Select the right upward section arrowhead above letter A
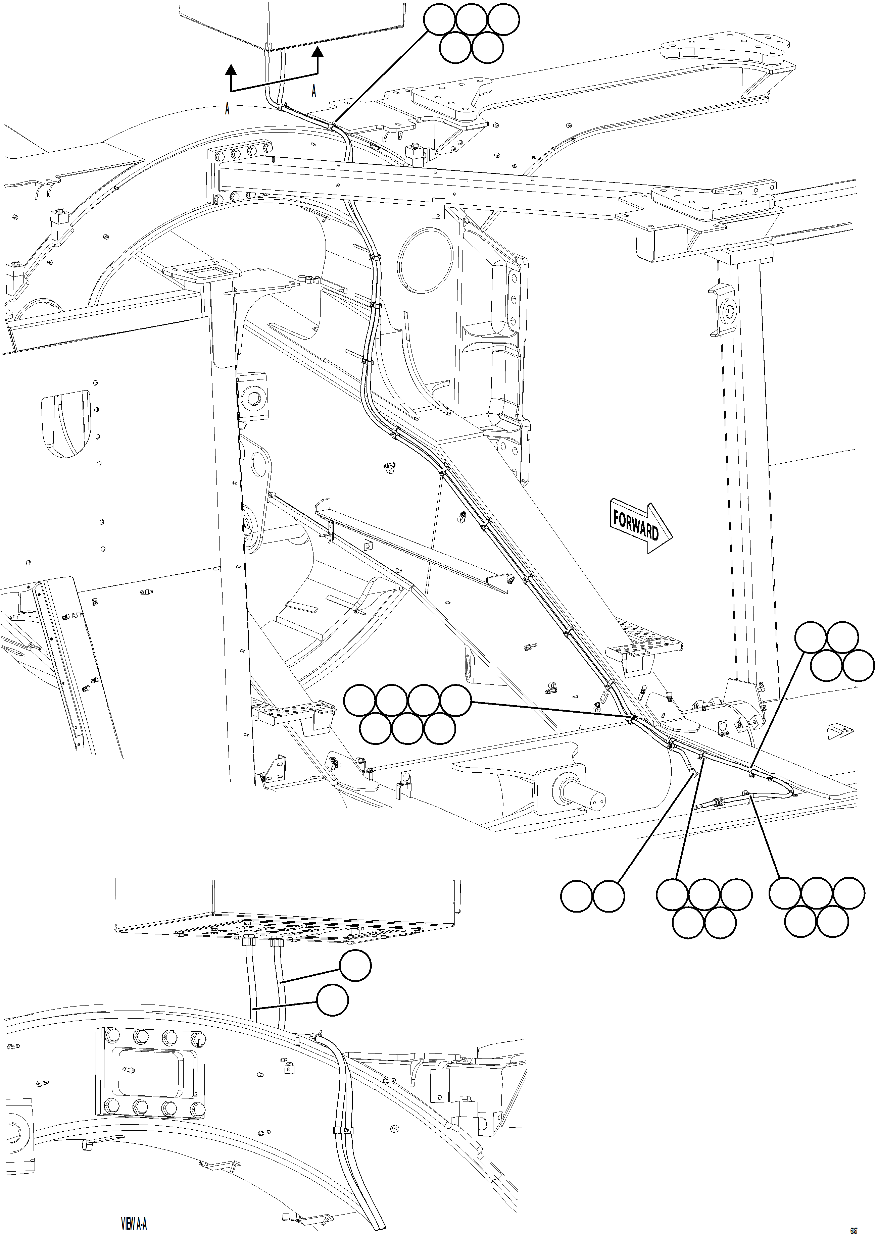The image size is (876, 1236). [x=318, y=52]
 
